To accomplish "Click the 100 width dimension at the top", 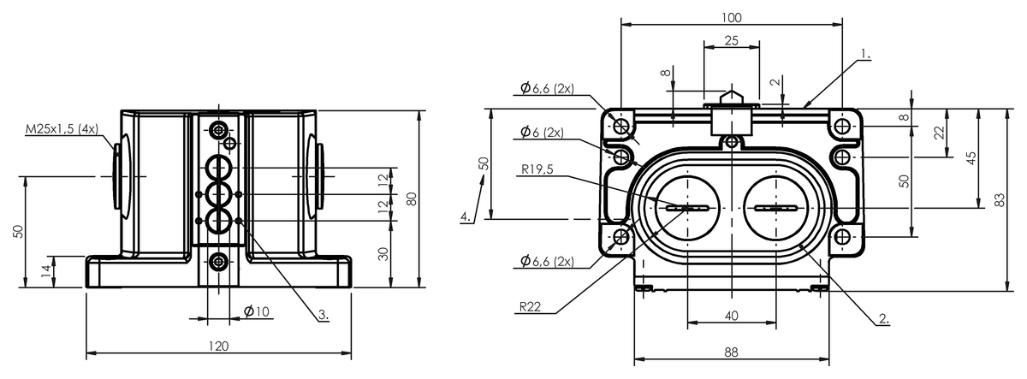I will tap(731, 17).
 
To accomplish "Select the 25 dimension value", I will tap(731, 40).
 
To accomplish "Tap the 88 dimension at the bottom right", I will tap(731, 351).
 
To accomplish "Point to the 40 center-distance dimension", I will tap(731, 316).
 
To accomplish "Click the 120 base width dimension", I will tap(219, 346).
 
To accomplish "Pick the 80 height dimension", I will tap(412, 198).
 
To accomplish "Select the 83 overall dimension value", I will tap(1000, 200).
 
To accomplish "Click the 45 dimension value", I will tap(971, 158).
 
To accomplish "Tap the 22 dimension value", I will tap(939, 133).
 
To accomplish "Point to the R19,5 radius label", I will tap(537, 169).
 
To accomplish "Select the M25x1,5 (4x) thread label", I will tap(62, 128).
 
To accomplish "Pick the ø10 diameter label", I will tap(256, 311).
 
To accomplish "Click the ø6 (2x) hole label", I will tap(541, 132).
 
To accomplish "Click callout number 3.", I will tap(324, 315).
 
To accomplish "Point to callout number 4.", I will tap(466, 216).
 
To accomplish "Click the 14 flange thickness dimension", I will tap(45, 271).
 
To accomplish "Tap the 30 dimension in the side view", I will tap(383, 253).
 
